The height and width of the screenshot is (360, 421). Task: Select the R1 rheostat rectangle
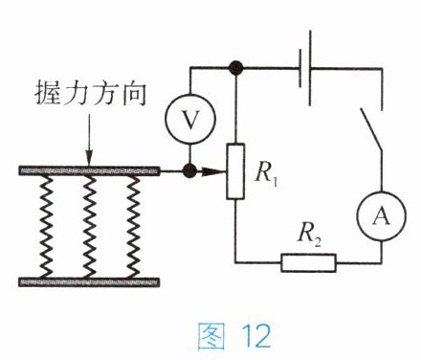coord(235,171)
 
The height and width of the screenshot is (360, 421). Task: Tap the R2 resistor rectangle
coord(308,262)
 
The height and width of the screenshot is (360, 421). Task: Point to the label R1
coord(266,174)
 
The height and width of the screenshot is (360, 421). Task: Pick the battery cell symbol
coord(305,68)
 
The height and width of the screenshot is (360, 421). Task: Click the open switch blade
coord(371,129)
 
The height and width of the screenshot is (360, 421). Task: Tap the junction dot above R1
coord(236,68)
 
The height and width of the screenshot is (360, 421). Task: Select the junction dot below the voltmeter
coord(190,170)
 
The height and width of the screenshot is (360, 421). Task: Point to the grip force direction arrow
coord(89,140)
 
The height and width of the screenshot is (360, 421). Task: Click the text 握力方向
coord(91,93)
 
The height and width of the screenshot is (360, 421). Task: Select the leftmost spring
coord(46,227)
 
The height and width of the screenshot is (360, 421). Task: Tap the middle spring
coord(90,227)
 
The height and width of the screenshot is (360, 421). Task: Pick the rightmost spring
coord(133,227)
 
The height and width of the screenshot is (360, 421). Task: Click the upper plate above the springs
coord(89,171)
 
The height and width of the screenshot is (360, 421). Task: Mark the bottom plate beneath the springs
coord(89,282)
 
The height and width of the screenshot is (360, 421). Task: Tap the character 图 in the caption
coord(210,336)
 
